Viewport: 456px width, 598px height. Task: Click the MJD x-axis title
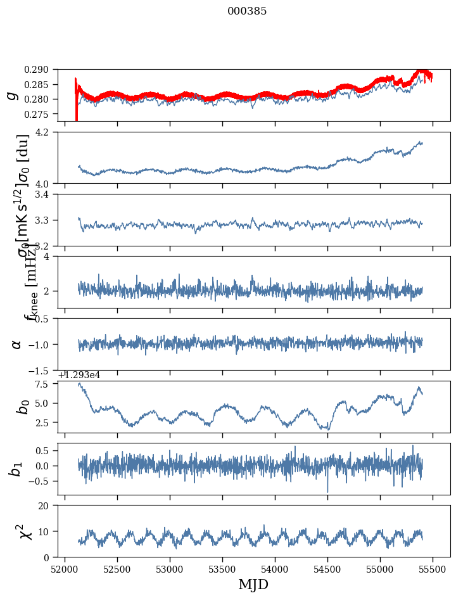click(x=253, y=585)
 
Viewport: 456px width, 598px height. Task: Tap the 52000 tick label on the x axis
click(x=65, y=569)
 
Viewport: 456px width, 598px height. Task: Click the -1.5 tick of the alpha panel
click(x=43, y=370)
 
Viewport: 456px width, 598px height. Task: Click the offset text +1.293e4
click(x=79, y=375)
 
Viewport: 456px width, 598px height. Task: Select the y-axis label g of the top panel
click(x=12, y=95)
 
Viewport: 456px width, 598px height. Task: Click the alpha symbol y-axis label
click(x=16, y=344)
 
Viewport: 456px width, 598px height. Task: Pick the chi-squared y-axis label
click(x=16, y=531)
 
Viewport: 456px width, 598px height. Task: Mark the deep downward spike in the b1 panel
click(x=327, y=490)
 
